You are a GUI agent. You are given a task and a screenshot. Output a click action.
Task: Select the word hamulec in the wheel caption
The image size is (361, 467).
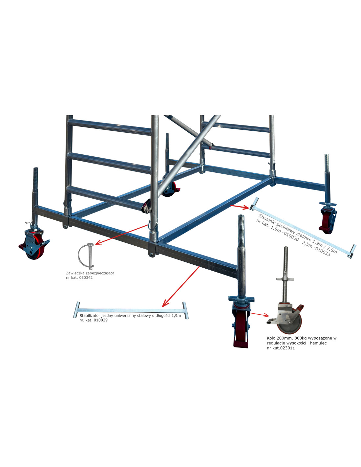point(319,343)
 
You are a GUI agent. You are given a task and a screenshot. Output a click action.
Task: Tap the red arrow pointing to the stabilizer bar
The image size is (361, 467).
point(181,286)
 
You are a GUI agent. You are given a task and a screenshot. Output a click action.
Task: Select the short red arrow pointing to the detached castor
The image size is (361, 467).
point(260,315)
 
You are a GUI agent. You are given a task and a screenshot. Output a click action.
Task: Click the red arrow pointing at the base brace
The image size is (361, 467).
point(240,207)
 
